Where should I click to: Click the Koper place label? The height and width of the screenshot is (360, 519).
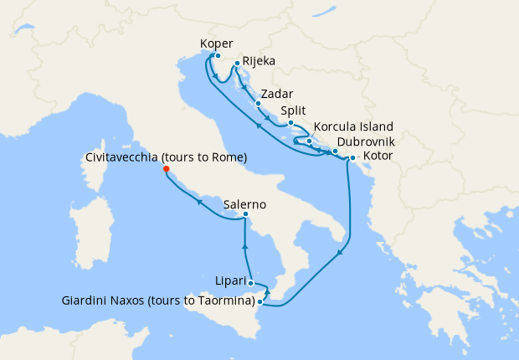[217, 44]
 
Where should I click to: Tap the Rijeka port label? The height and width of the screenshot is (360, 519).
[259, 61]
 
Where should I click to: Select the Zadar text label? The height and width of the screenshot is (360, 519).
[277, 94]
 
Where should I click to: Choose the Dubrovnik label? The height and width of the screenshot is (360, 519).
[373, 141]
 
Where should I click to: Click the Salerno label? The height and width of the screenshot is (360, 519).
[245, 203]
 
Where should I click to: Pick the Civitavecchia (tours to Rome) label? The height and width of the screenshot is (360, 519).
[167, 157]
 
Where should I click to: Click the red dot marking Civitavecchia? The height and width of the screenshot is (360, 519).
[167, 169]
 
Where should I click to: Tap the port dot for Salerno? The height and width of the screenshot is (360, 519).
[244, 215]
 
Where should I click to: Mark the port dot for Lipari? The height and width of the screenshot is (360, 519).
[250, 283]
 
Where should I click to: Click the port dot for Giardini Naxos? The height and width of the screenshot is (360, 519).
[260, 301]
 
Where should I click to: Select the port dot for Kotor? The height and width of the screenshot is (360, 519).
[352, 157]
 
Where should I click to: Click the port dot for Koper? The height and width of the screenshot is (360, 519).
[217, 56]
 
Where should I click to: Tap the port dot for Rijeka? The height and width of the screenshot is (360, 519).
[237, 63]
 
